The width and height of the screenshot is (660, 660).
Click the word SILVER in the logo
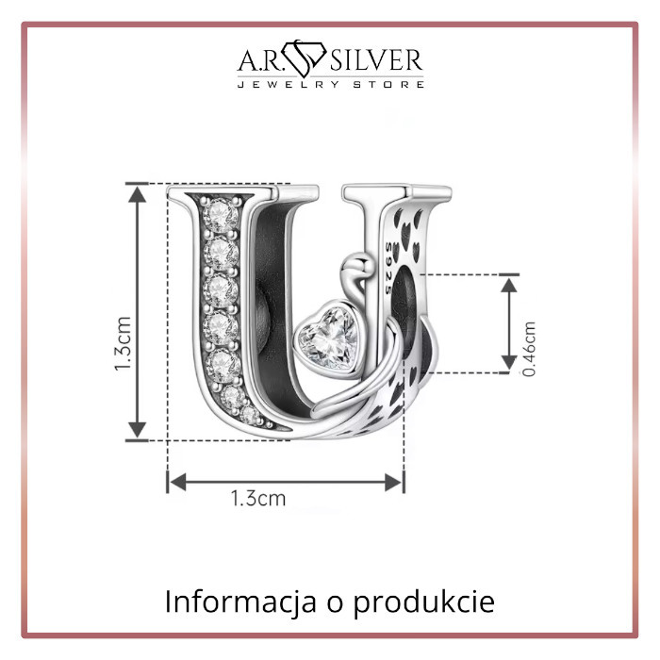click(x=376, y=60)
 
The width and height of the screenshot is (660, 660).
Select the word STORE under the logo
click(x=388, y=84)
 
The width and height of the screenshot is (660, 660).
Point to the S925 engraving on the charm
click(x=388, y=268)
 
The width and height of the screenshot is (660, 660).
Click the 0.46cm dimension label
click(x=529, y=349)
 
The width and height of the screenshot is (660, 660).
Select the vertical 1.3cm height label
click(x=124, y=343)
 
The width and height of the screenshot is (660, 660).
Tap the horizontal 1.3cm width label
click(x=258, y=499)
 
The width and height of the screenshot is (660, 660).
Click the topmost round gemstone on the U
click(x=220, y=215)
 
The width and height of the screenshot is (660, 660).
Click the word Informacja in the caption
click(x=240, y=602)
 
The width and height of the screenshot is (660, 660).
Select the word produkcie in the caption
click(x=423, y=602)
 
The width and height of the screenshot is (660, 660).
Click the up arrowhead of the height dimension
click(x=138, y=195)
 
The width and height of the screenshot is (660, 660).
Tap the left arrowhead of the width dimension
click(x=177, y=482)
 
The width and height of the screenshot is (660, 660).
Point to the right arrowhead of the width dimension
click(x=393, y=482)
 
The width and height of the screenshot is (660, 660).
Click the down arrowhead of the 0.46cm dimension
click(x=509, y=363)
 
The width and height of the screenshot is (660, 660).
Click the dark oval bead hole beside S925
click(x=403, y=311)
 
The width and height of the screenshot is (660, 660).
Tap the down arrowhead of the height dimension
click(x=138, y=430)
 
